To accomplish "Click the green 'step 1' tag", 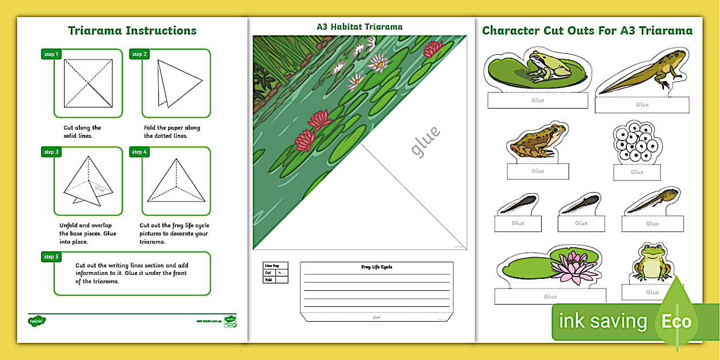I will coord(51,54).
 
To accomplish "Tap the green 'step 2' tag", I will coord(139,54).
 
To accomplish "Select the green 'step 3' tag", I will coord(51,152).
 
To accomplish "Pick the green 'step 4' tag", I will coord(139,152).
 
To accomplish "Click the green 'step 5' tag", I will coord(51,257).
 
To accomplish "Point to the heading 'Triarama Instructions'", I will coord(132,31).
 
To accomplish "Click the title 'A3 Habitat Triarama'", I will coord(359,27).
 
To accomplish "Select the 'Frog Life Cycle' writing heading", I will coord(377,267).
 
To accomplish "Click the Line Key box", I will coord(275,273).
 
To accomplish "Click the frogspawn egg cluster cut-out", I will coord(637,142).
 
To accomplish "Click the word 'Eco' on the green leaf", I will coord(677,321).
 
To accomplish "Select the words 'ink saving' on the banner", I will coord(602,322).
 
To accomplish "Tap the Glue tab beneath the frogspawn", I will coord(637,172).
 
